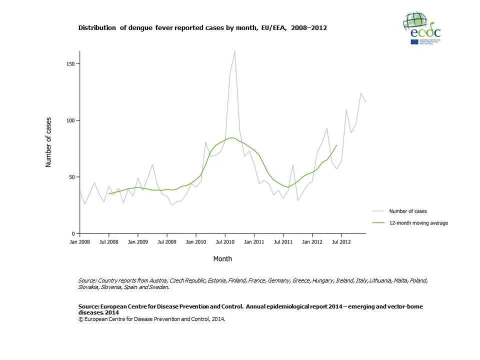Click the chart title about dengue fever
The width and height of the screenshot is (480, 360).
(202, 28)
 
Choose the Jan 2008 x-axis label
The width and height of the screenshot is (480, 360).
(80, 242)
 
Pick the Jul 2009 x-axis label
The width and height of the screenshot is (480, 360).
(167, 242)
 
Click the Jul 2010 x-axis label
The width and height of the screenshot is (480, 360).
(225, 242)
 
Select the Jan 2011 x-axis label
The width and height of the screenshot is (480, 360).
(254, 242)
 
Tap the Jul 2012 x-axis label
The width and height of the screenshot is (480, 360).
(341, 242)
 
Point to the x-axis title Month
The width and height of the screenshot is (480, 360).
(222, 259)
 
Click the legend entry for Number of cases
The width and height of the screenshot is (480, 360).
(408, 211)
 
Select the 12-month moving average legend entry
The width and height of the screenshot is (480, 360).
(418, 223)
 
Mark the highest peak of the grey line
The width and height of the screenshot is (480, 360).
(235, 51)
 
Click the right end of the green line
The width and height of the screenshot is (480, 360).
(336, 145)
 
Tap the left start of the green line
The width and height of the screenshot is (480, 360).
(109, 193)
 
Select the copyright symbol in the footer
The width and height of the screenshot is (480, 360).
(80, 318)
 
